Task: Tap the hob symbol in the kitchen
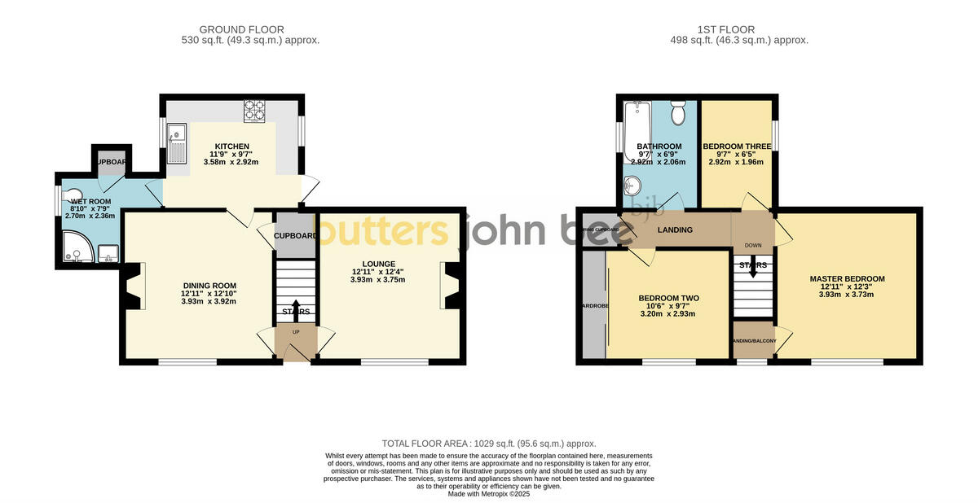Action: coord(254,111)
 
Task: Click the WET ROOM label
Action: coord(90,201)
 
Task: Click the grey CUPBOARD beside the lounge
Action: coord(294,235)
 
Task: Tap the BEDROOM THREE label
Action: coord(738,147)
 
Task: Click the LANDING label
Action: coord(675,230)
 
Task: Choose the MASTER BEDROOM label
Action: coord(847,279)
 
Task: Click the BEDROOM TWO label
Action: coord(668,298)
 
